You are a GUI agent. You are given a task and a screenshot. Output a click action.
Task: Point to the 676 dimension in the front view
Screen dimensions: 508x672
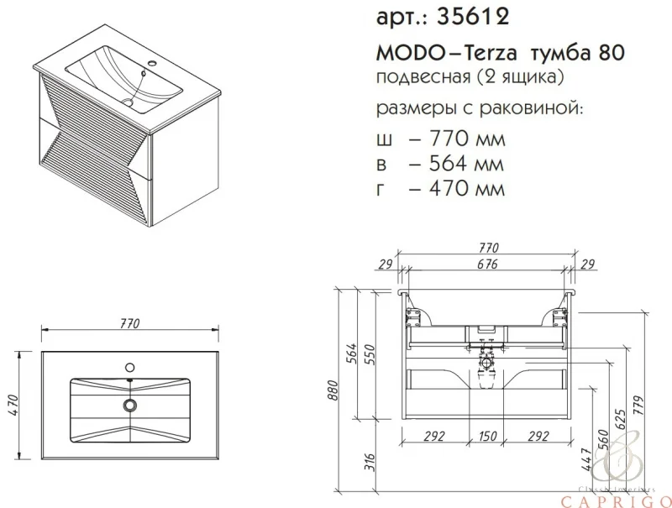click(487, 264)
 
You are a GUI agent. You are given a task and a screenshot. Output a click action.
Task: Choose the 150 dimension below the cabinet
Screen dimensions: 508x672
click(488, 436)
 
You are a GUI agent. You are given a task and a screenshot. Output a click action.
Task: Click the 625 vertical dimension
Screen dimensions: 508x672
click(622, 420)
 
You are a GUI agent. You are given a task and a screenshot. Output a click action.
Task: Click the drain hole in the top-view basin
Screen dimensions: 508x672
click(129, 405)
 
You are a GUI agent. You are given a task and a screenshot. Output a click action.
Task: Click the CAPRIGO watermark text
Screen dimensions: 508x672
click(620, 500)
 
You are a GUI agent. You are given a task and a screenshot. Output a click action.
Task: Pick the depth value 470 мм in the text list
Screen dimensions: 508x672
click(458, 189)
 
